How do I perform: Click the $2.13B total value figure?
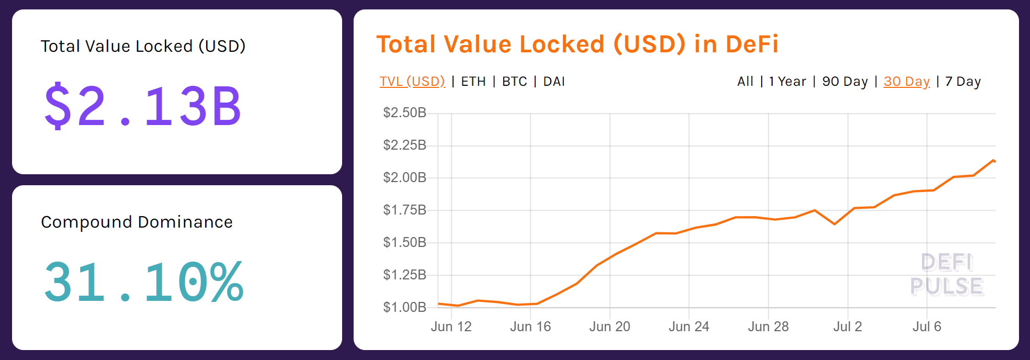point(142,107)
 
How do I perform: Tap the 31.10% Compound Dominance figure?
point(143,283)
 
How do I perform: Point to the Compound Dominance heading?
point(137,222)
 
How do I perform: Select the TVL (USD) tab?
point(412,82)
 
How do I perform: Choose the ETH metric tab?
point(473,82)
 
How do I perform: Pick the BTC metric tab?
point(515,82)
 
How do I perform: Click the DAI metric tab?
point(554,82)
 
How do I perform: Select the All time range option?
point(745,82)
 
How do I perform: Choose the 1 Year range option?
point(788,82)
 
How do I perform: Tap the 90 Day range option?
point(845,82)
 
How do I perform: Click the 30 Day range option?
point(907,82)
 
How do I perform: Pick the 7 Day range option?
point(963,82)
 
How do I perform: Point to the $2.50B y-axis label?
point(405,113)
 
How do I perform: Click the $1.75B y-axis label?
point(405,210)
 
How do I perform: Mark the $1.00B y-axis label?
point(405,307)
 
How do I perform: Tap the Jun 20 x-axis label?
point(610,327)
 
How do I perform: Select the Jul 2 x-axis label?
point(847,327)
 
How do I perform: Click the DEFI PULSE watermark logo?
point(947,275)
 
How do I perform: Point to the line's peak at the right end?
point(993,160)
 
